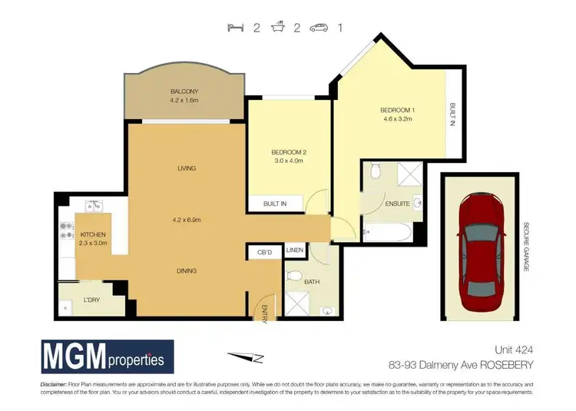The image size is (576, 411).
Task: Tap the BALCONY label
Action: click(184, 91)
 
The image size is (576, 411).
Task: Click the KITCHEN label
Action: click(92, 234)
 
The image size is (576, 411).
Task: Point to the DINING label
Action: click(185, 270)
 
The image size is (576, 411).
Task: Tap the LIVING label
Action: click(185, 168)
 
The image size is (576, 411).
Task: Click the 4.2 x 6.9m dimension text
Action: click(185, 220)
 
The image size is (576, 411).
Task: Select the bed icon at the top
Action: click(234, 28)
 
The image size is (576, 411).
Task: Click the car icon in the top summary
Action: click(319, 28)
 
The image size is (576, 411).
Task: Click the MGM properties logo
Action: click(108, 357)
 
